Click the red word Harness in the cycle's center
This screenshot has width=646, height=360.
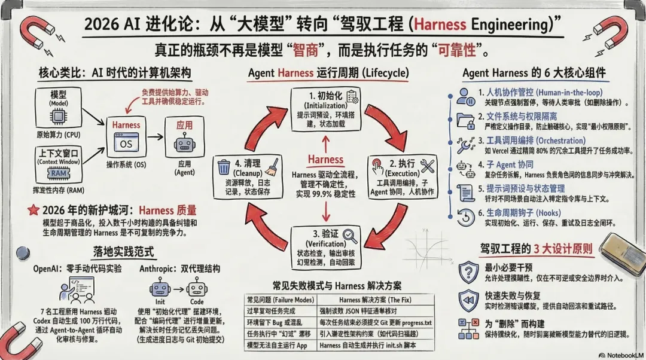coord(325,160)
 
